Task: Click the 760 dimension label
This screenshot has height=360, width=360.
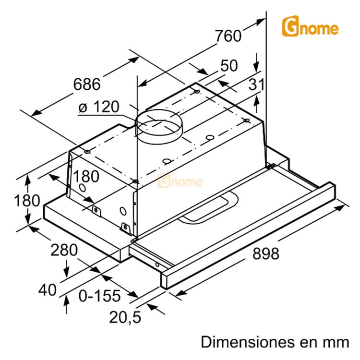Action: (227, 36)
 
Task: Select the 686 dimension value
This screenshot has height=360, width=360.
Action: (87, 84)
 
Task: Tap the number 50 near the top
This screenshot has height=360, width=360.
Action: (229, 66)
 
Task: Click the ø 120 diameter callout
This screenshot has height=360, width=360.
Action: (98, 107)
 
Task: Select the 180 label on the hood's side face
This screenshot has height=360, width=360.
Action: (86, 176)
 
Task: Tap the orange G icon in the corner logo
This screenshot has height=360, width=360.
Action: (289, 27)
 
